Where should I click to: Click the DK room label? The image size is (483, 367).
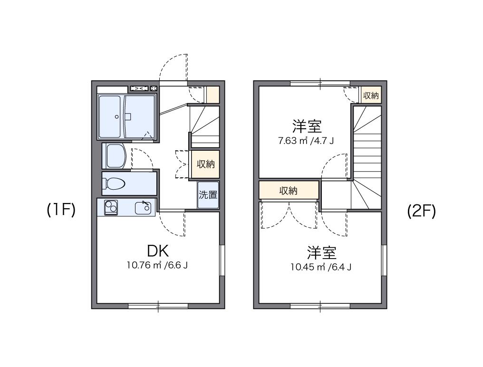pyautogui.click(x=157, y=251)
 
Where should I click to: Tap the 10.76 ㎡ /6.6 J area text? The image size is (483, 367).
pyautogui.click(x=157, y=265)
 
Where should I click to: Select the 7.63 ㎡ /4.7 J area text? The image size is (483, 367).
pyautogui.click(x=307, y=141)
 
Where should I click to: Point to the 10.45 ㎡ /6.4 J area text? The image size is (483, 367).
pyautogui.click(x=321, y=267)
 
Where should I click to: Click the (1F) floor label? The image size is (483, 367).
pyautogui.click(x=61, y=210)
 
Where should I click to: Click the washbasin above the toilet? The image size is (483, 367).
pyautogui.click(x=115, y=156)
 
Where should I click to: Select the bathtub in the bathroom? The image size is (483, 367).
pyautogui.click(x=110, y=116)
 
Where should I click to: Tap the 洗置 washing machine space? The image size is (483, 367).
pyautogui.click(x=208, y=195)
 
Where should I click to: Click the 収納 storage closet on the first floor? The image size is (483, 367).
pyautogui.click(x=206, y=164)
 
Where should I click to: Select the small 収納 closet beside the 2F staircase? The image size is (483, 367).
pyautogui.click(x=371, y=96)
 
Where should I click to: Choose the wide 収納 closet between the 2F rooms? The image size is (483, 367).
pyautogui.click(x=288, y=191)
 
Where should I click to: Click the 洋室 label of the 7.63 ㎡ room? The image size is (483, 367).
pyautogui.click(x=307, y=126)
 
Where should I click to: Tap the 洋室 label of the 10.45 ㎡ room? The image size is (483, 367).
pyautogui.click(x=321, y=252)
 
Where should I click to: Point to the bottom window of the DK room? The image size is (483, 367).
pyautogui.click(x=158, y=306)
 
